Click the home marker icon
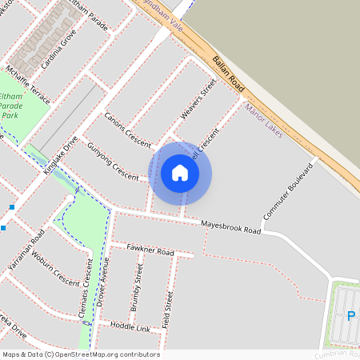[x=180, y=173]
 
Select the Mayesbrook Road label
[x=231, y=226]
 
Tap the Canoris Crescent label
[x=127, y=128]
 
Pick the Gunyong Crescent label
[x=113, y=159]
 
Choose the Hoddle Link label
[x=130, y=328]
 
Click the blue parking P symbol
[x=350, y=315]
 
